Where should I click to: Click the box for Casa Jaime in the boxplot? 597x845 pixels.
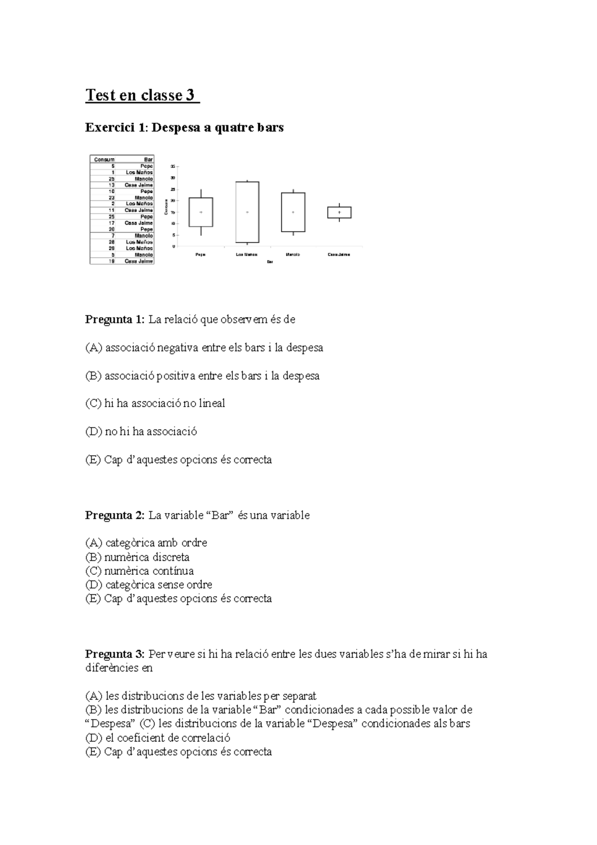click(339, 212)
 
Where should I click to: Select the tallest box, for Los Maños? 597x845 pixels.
click(247, 212)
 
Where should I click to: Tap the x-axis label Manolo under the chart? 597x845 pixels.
click(293, 254)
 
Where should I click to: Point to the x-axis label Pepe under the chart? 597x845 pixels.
click(200, 254)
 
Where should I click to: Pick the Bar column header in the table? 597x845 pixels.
click(148, 160)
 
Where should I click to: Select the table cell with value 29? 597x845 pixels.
click(112, 248)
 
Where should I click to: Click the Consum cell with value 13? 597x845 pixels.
click(112, 185)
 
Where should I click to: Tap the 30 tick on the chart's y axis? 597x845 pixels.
click(173, 178)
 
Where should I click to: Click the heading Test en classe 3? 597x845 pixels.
click(142, 95)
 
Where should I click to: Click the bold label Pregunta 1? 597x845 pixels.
click(115, 319)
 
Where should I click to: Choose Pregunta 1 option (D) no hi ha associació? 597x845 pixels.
click(141, 431)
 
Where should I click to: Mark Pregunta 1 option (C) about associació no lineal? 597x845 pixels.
click(155, 404)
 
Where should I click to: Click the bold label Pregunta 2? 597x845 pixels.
click(115, 515)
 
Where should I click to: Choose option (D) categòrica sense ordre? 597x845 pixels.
click(149, 585)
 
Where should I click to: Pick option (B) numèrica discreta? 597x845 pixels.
click(137, 557)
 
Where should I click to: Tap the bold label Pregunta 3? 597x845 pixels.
click(115, 654)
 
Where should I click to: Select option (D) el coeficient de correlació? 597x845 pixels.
click(158, 738)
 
